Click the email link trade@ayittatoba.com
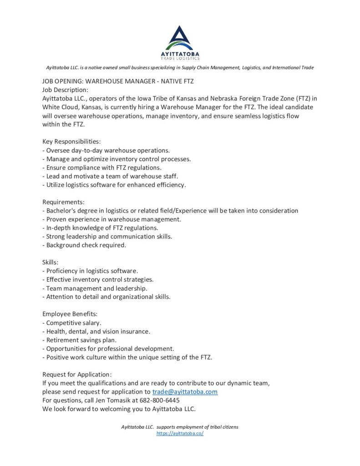tap(185, 392)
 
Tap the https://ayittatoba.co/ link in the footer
tap(180, 433)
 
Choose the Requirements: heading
tap(63, 202)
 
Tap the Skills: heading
tap(52, 263)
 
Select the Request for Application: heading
tap(77, 375)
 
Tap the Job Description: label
tap(65, 90)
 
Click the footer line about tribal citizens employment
tap(180, 427)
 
